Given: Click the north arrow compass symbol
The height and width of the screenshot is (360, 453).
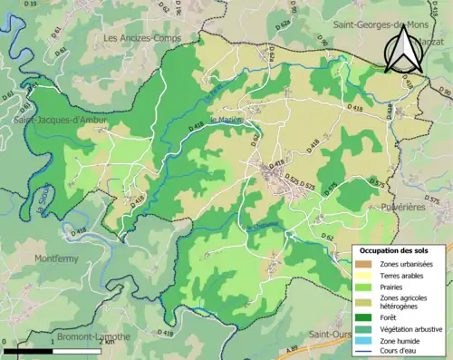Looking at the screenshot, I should [399, 50].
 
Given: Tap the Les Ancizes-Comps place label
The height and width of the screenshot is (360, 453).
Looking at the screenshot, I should [143, 38].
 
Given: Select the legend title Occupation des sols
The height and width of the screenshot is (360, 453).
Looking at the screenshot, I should [400, 250].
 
